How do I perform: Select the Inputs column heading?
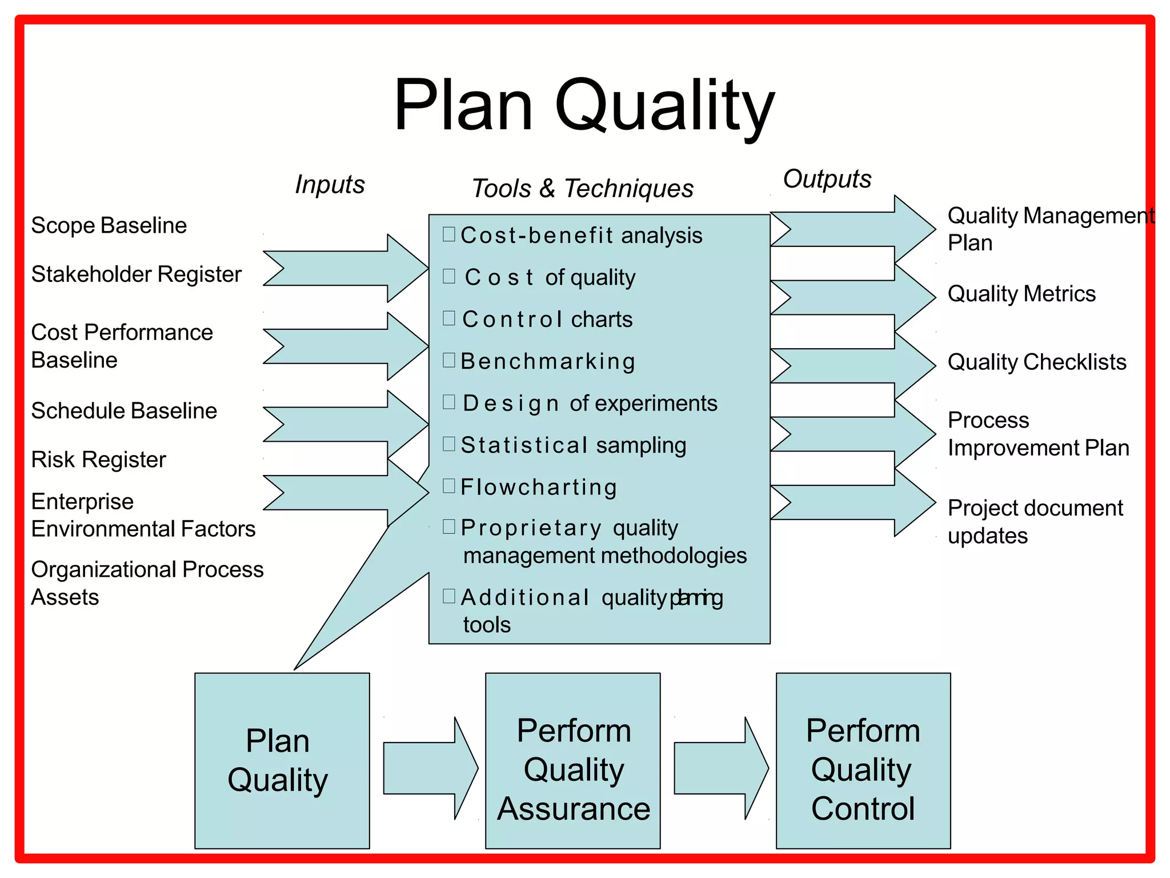[330, 185]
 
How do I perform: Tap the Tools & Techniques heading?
[582, 188]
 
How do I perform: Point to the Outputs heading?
[827, 179]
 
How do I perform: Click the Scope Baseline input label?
[109, 225]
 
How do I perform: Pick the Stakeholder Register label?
[136, 274]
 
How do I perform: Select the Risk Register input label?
[98, 459]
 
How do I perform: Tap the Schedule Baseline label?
[124, 410]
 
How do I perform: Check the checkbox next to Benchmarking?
[449, 360]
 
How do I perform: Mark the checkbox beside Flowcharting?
[449, 486]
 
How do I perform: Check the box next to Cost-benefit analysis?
[449, 234]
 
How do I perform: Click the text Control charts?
[547, 319]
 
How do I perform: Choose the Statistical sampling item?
[573, 445]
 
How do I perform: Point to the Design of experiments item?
[589, 403]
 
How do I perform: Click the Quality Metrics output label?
[1021, 294]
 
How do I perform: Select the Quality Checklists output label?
[1037, 362]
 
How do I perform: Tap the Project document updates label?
[1035, 521]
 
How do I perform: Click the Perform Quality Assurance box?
[572, 760]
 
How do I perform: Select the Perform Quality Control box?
[863, 760]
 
